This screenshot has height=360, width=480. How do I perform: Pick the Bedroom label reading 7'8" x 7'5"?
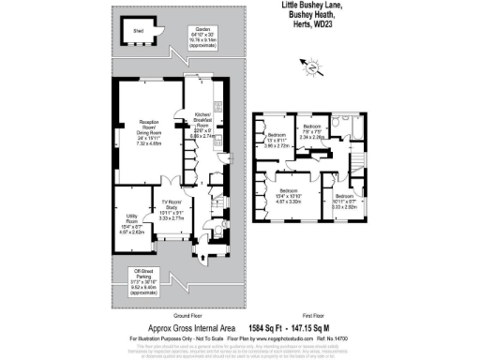coord(311,130)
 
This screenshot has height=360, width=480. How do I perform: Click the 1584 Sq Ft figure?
coord(266,328)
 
